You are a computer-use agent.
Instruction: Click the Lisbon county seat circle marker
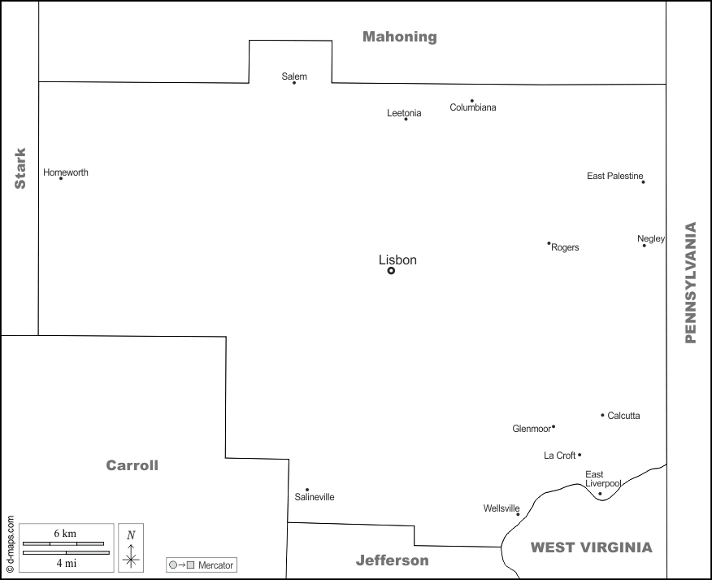point(391,271)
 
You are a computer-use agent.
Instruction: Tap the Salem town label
point(294,76)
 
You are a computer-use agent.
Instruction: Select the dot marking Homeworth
point(61,178)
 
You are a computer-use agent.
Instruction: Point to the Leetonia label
point(404,113)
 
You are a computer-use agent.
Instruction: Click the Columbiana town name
point(473,107)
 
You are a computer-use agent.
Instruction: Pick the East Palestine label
point(614,176)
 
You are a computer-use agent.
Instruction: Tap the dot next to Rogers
point(549,243)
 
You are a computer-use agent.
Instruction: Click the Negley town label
point(650,238)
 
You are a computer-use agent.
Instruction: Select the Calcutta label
point(623,416)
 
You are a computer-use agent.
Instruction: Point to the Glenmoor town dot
point(554,426)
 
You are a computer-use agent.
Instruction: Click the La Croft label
point(559,456)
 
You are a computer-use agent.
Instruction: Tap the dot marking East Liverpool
point(600,494)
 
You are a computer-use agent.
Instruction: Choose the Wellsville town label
point(501,508)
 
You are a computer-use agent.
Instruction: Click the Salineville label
point(315,497)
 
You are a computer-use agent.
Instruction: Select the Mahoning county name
point(399,37)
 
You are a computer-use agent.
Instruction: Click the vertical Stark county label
point(20,168)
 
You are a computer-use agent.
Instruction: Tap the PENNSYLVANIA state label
point(691,282)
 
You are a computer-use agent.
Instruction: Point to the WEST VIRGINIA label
point(591,547)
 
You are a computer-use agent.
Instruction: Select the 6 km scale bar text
point(65,533)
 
